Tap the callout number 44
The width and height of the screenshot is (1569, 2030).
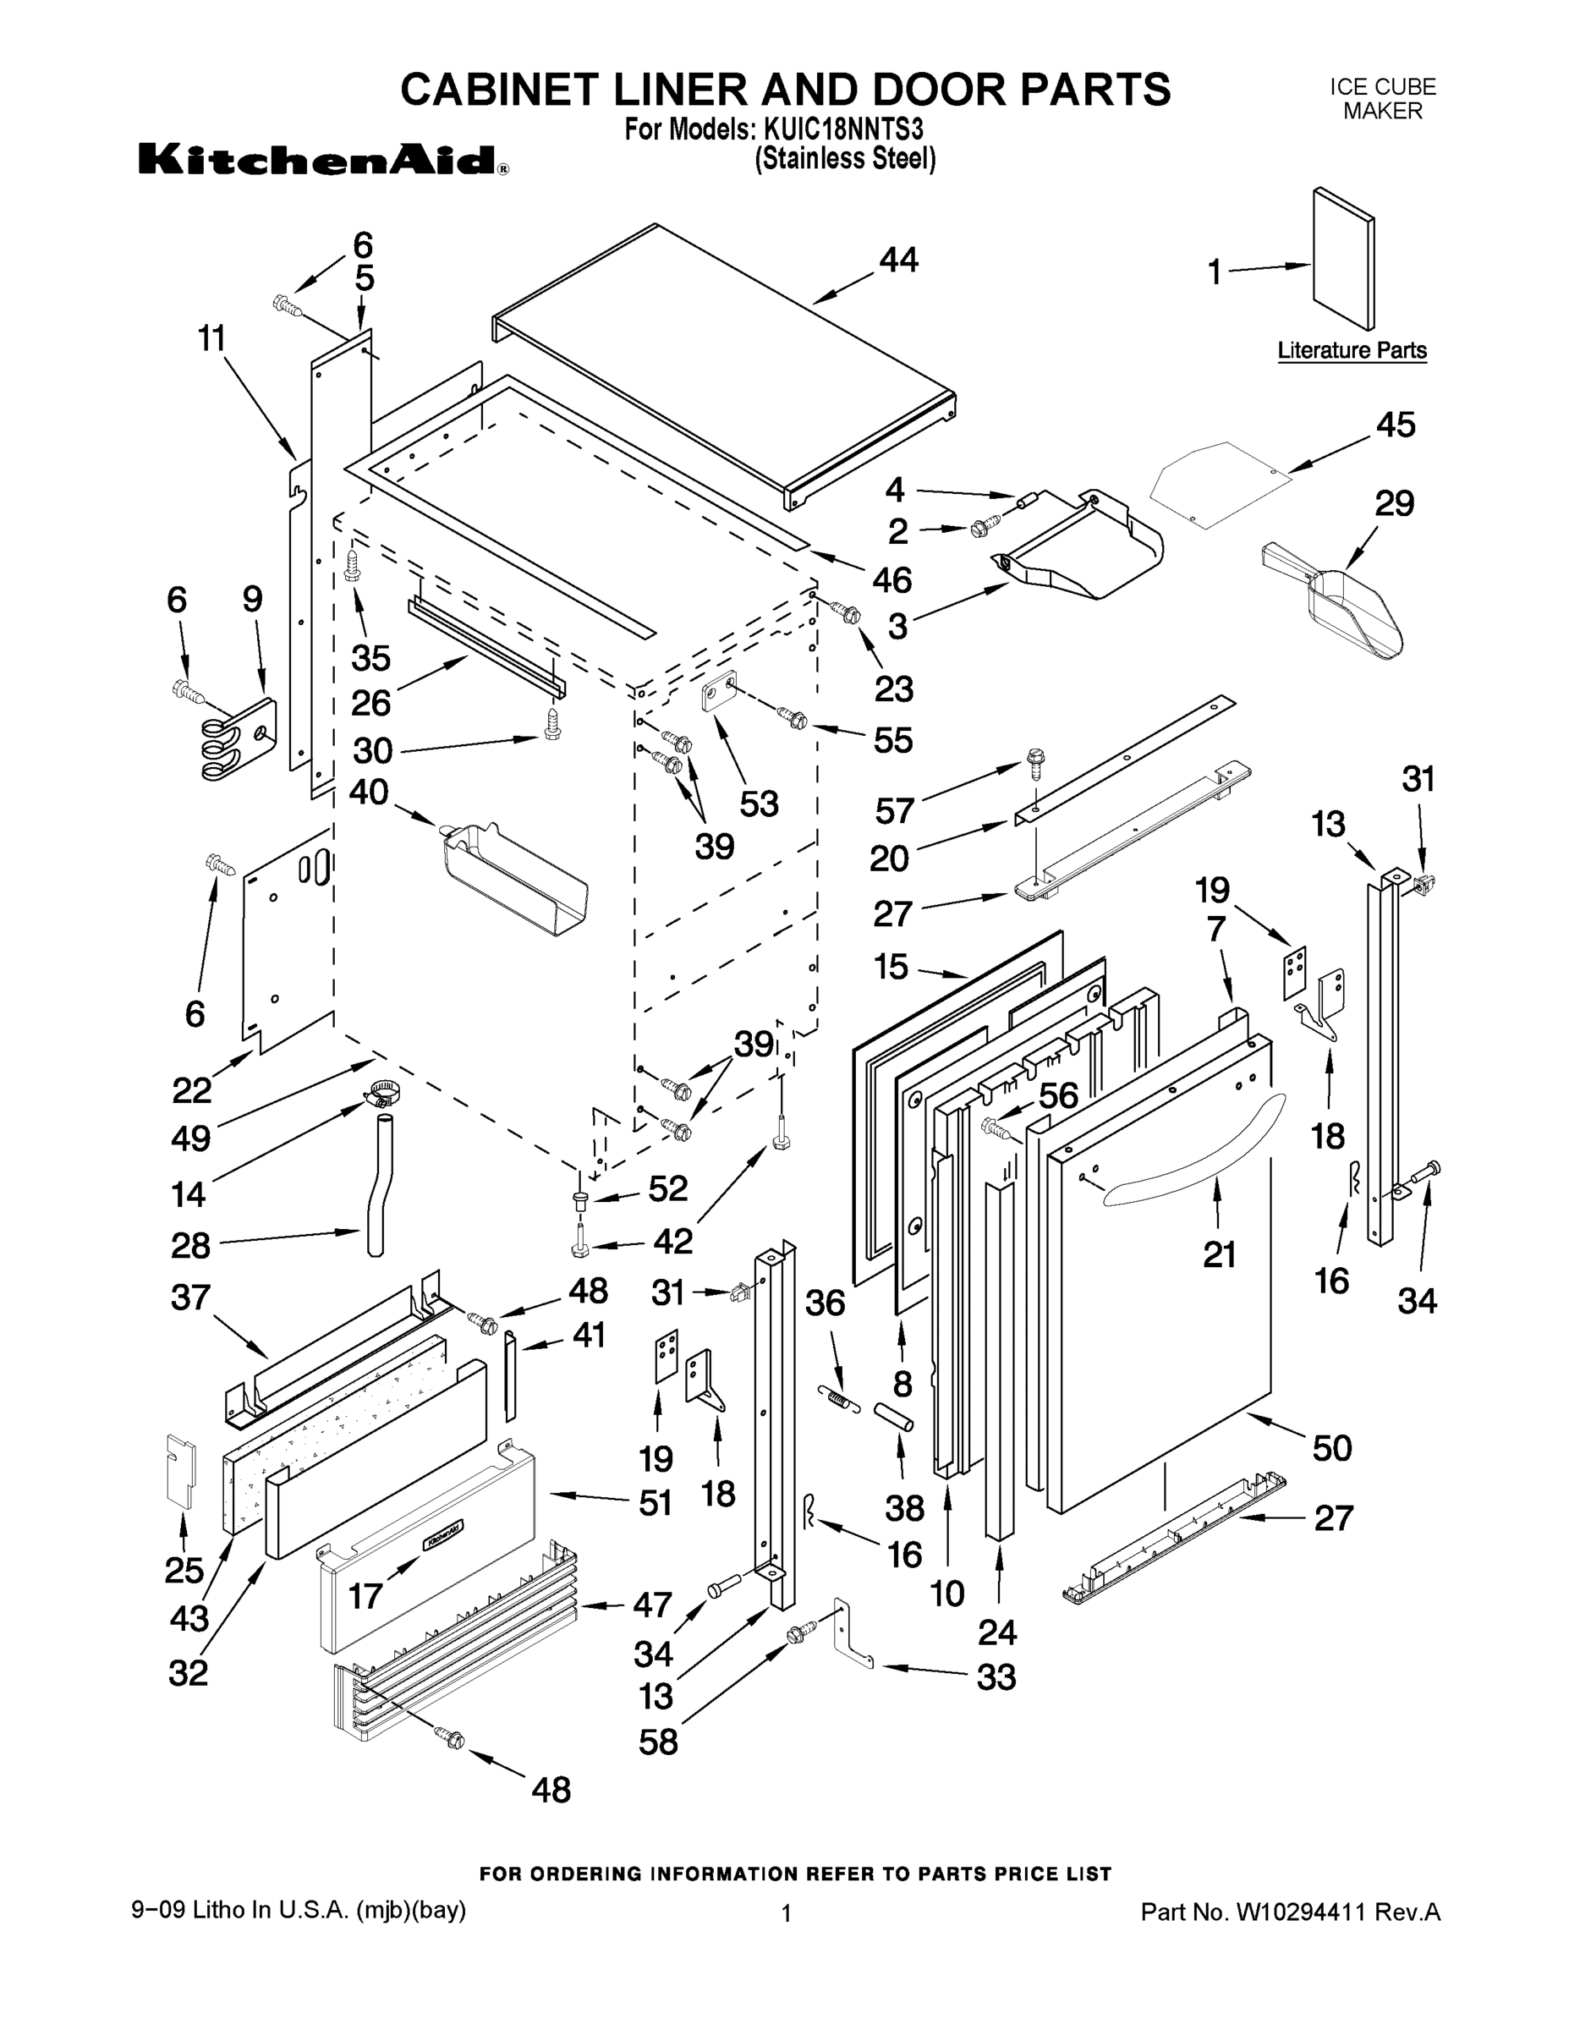coord(898,261)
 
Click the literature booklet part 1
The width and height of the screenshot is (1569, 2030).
coord(1343,261)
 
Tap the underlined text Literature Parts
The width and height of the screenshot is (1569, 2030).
coord(1352,350)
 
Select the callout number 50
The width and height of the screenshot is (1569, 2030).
coord(1331,1447)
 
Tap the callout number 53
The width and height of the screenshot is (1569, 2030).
coord(759,803)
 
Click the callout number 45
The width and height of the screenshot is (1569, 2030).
coord(1394,425)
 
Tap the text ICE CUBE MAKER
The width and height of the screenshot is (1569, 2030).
coord(1382,98)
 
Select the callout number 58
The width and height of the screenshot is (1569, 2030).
coord(658,1741)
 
